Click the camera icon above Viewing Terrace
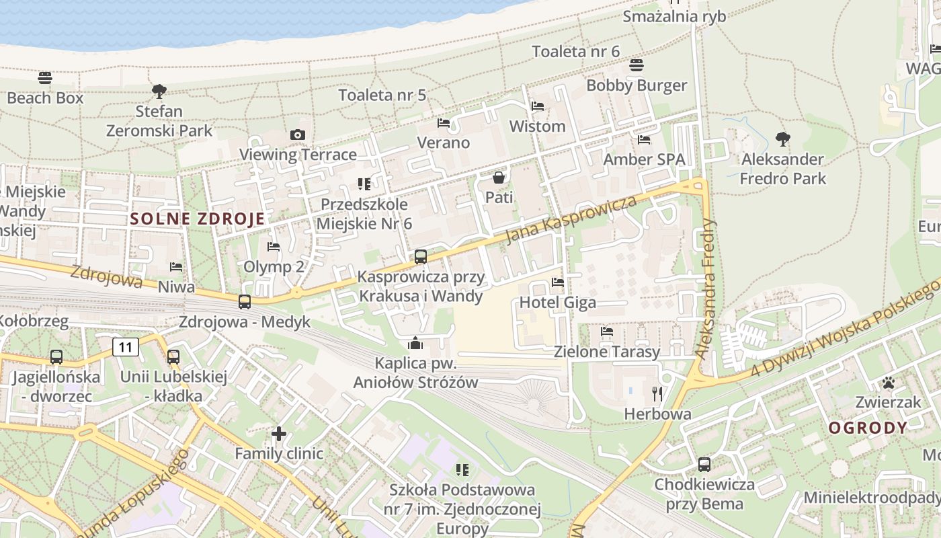click(x=298, y=135)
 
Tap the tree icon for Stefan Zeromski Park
click(x=159, y=91)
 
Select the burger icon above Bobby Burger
click(x=637, y=65)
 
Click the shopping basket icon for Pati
click(x=499, y=178)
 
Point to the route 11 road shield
click(x=126, y=347)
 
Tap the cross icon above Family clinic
click(x=279, y=434)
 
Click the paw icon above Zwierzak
click(x=889, y=383)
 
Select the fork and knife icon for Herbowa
click(x=657, y=393)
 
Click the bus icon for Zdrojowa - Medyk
click(x=245, y=302)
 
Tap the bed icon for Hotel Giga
click(x=558, y=282)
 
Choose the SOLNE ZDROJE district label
click(x=198, y=219)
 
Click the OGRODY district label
click(x=868, y=428)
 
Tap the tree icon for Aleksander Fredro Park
click(x=782, y=139)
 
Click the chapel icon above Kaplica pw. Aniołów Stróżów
click(x=416, y=344)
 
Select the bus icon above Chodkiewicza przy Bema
click(x=704, y=464)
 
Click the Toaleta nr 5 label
click(x=382, y=95)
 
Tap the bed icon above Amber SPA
click(x=644, y=140)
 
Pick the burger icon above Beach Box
click(x=45, y=78)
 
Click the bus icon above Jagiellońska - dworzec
click(x=56, y=357)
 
